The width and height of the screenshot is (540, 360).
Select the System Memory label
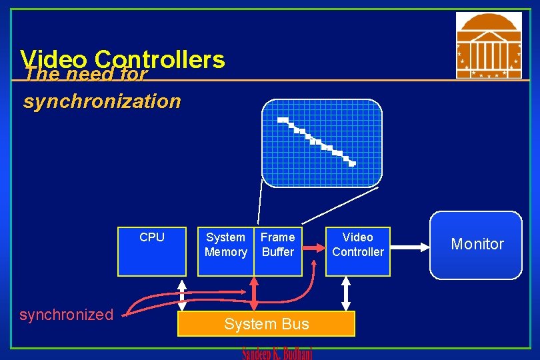[x=225, y=245]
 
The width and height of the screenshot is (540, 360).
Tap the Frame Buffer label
[x=277, y=245]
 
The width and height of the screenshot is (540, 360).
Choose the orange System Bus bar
[x=266, y=324]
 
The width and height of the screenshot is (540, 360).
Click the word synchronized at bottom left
[x=66, y=315]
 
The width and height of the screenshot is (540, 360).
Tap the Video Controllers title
[x=123, y=59]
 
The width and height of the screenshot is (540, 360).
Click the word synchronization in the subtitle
[x=102, y=101]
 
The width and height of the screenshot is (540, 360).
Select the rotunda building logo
[x=489, y=45]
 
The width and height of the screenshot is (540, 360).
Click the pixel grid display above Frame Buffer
[x=321, y=143]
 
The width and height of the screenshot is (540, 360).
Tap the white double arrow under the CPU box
[x=181, y=293]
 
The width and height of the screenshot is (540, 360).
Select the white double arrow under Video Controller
[x=345, y=293]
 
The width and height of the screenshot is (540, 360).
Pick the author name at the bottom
[x=277, y=353]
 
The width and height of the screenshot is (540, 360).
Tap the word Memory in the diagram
[x=225, y=252]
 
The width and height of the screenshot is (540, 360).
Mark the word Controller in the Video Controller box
[x=357, y=252]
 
